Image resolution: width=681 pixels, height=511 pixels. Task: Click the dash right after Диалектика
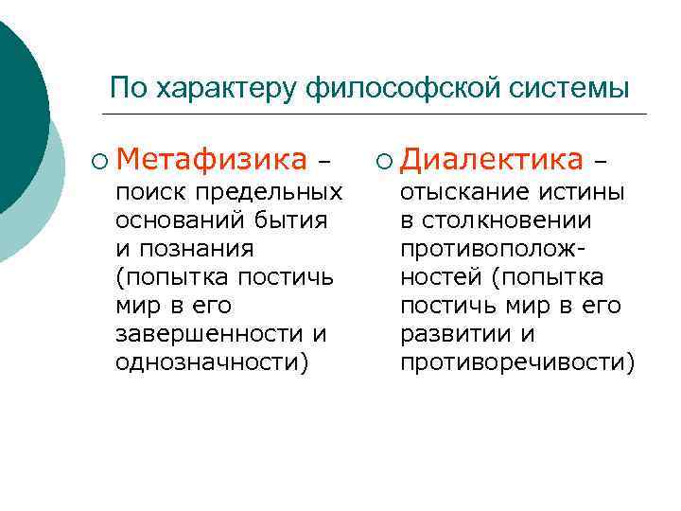[x=599, y=160]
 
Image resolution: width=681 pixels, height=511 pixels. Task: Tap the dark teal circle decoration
[x=14, y=104]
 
